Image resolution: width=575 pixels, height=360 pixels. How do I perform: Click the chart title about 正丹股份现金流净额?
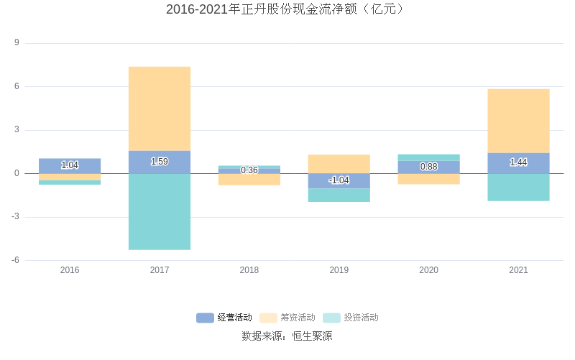(287, 9)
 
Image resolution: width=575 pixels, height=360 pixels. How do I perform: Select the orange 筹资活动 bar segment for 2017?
(160, 108)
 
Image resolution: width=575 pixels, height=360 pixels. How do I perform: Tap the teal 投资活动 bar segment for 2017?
(160, 211)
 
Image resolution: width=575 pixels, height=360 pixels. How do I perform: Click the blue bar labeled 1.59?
(160, 162)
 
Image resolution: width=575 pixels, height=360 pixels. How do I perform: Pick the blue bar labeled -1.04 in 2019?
(339, 180)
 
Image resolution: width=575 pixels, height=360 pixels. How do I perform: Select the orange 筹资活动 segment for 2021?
(518, 121)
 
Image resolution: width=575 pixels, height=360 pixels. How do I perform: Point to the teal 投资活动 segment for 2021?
(518, 187)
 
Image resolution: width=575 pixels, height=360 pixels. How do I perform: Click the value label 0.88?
(429, 167)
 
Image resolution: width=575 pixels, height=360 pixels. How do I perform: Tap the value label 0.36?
(249, 170)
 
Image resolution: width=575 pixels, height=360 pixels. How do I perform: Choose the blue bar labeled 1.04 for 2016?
(70, 165)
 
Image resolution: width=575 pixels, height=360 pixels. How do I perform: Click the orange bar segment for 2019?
(339, 164)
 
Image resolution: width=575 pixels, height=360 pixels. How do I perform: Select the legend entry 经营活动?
(224, 318)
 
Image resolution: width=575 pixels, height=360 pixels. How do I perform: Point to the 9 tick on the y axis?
(17, 43)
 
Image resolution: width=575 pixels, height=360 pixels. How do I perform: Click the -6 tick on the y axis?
(15, 260)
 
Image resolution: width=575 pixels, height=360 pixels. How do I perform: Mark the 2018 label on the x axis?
(249, 270)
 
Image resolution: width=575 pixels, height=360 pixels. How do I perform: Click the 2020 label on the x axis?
(429, 270)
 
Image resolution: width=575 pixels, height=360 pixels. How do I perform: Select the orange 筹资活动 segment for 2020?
(429, 179)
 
